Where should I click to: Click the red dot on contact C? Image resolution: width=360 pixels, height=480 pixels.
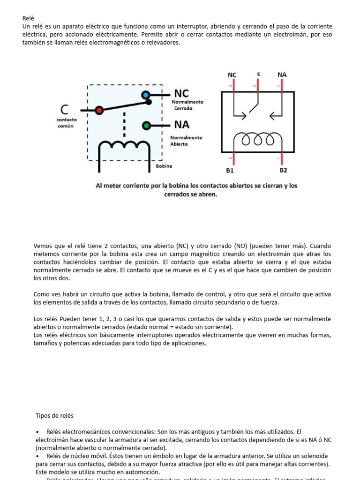(99, 110)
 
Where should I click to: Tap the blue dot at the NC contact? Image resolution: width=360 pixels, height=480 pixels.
(146, 95)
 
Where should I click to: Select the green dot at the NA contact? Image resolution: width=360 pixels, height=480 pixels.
(146, 126)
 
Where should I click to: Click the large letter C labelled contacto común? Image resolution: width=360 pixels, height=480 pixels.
(64, 110)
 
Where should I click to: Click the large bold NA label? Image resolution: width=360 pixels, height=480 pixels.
(182, 125)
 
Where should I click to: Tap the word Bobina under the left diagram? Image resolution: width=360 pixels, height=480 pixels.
(164, 166)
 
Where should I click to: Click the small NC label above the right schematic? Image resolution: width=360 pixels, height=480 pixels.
(232, 75)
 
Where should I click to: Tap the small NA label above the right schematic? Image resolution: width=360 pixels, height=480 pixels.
(282, 75)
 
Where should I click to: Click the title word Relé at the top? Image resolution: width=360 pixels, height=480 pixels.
(29, 18)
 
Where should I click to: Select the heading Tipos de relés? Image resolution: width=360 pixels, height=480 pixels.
(54, 415)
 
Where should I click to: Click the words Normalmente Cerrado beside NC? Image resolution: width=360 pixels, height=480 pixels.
(187, 105)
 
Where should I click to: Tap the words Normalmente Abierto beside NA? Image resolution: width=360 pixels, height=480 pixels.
(186, 141)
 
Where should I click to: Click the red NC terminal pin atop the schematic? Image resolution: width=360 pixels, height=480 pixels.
(233, 85)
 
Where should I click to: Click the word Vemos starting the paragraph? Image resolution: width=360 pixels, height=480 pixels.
(44, 246)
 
